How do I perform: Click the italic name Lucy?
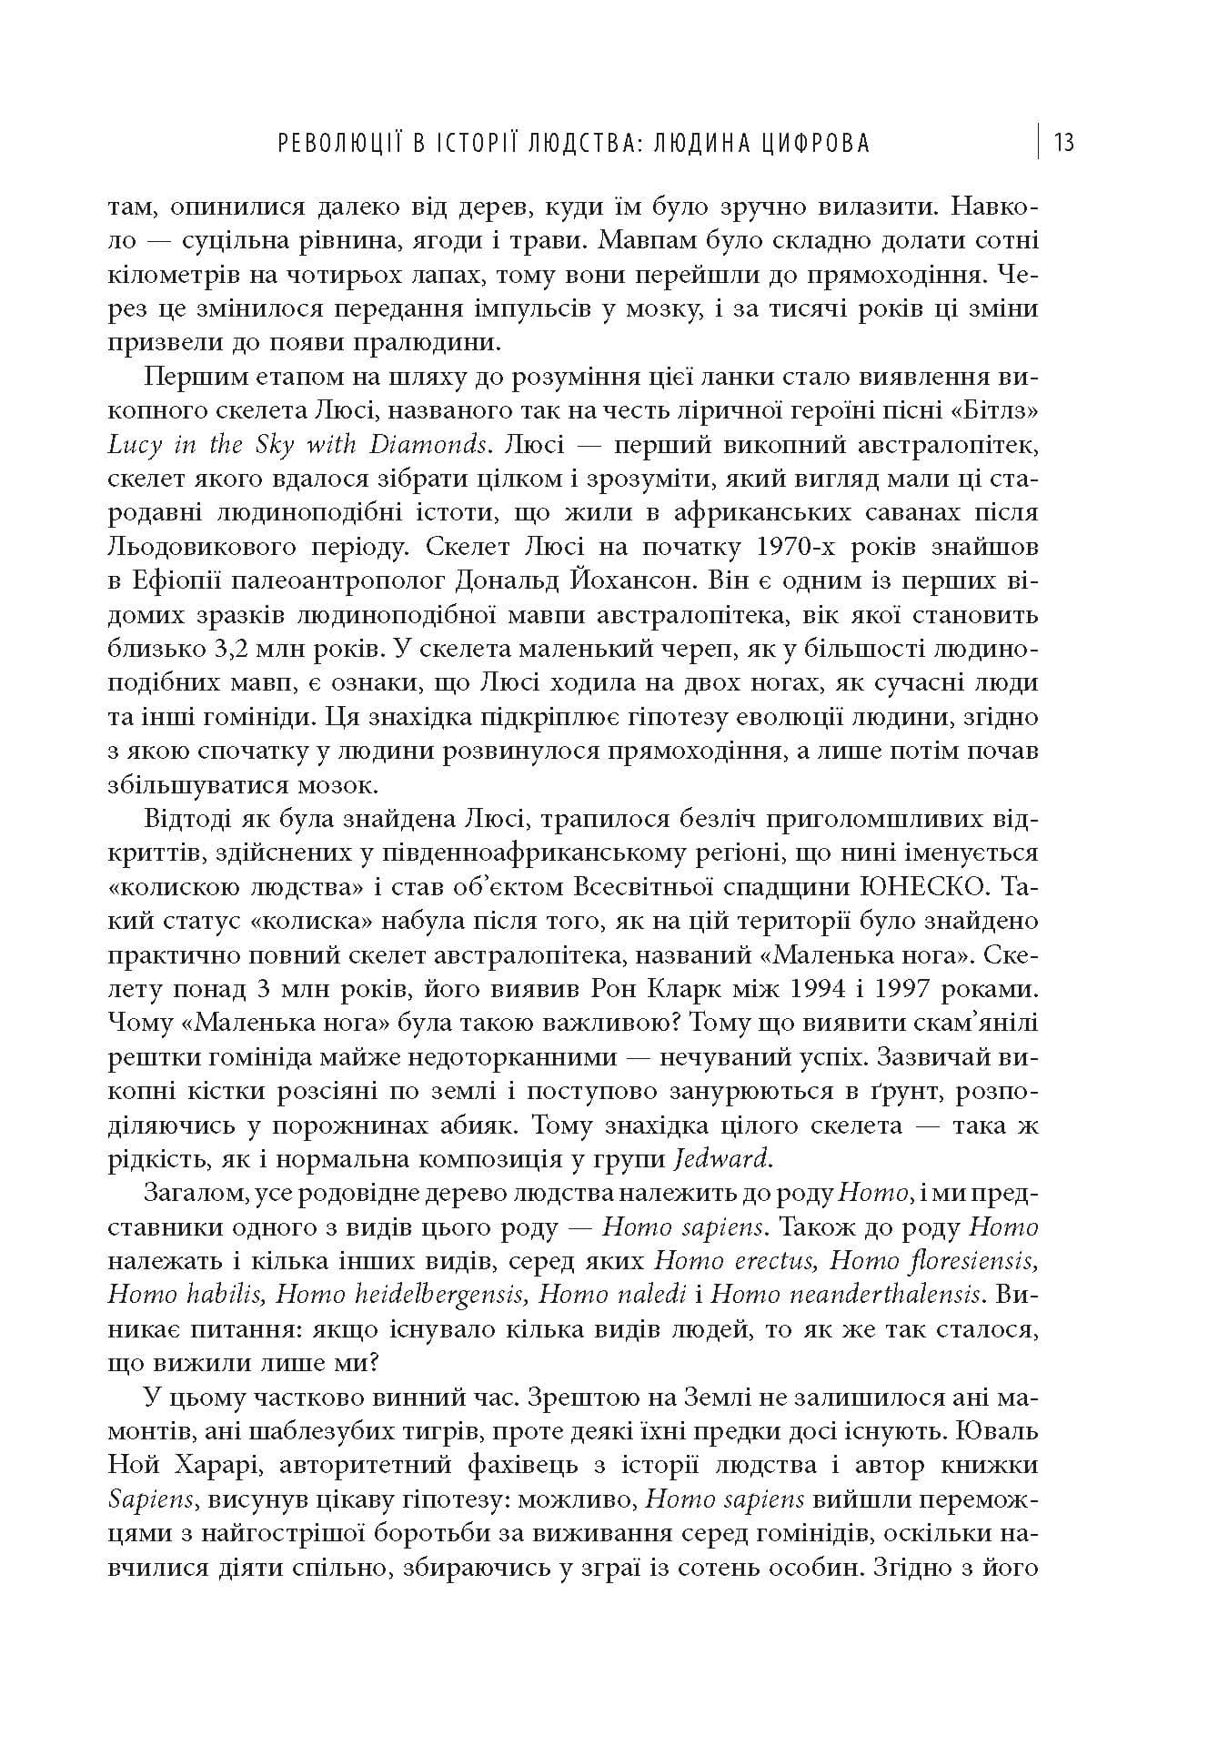click(130, 445)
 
